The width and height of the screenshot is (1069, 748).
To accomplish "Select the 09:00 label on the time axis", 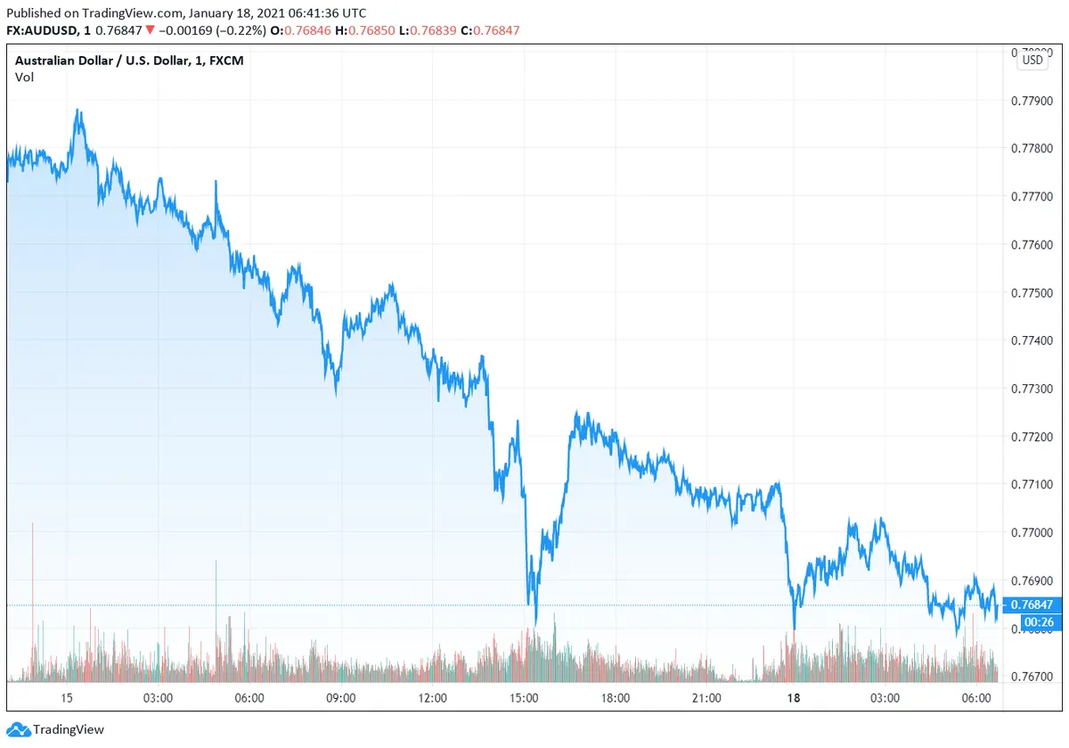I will [x=341, y=698].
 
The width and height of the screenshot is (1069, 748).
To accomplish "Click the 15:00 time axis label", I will [x=524, y=698].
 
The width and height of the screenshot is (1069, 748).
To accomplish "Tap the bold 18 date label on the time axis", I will [x=794, y=698].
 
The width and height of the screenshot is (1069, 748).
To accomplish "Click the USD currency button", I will [x=1032, y=61].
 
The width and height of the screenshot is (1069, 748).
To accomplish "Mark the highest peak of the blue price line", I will [x=78, y=111].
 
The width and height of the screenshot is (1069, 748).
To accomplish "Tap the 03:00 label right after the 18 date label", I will [x=885, y=698].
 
